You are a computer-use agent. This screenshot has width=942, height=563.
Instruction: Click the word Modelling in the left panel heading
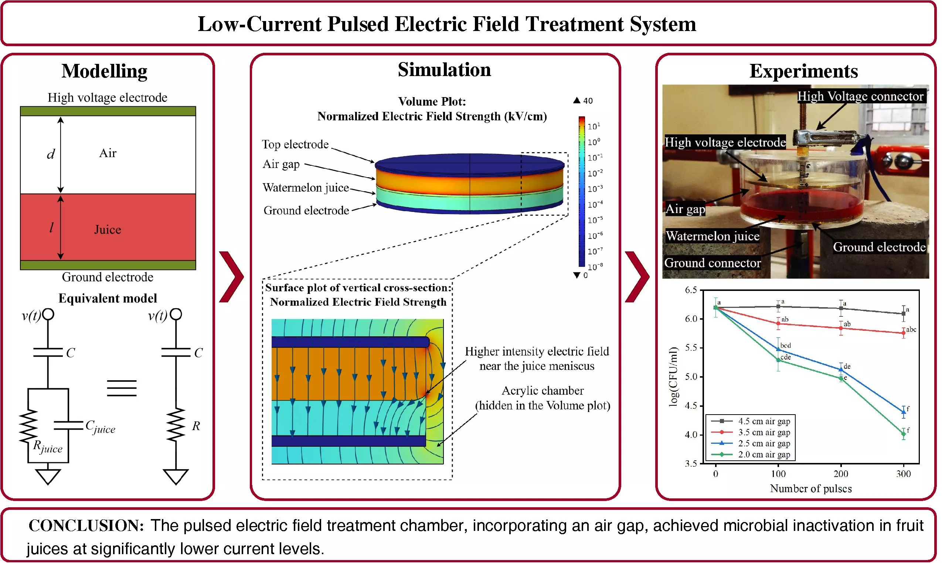click(105, 71)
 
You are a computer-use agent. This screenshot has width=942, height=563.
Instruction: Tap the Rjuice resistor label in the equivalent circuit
click(47, 447)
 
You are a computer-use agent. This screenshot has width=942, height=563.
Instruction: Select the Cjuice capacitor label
click(100, 427)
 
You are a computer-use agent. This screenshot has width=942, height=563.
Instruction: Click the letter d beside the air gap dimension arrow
click(51, 154)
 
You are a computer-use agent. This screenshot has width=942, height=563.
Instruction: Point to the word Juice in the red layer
click(108, 230)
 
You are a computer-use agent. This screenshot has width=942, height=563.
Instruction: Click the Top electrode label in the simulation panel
click(295, 145)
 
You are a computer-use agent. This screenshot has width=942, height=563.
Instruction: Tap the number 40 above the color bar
click(588, 101)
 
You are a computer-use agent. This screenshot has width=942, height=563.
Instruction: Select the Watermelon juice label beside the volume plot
click(306, 188)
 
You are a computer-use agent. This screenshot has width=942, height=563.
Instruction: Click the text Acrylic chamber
click(543, 391)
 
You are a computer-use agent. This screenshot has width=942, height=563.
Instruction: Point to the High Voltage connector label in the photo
click(861, 96)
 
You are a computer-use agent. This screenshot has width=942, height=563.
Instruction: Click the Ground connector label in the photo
click(713, 263)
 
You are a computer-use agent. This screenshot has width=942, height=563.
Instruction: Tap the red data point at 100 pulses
click(778, 324)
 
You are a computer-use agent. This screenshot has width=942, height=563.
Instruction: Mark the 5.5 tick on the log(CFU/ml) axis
click(691, 348)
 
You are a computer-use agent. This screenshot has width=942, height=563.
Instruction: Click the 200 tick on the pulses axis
click(841, 474)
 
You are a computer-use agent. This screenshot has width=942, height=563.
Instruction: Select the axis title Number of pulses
click(811, 489)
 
